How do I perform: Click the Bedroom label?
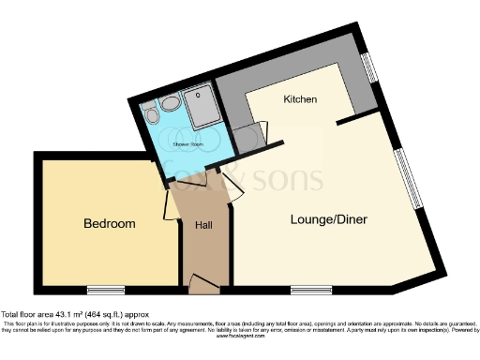tap(110, 224)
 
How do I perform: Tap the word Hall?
tap(203, 226)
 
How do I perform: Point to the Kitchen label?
tap(301, 98)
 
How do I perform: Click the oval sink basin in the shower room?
tap(170, 104)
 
